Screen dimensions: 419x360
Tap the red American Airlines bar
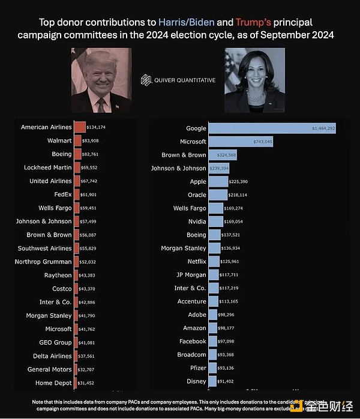pyautogui.click(x=80, y=127)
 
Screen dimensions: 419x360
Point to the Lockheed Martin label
pyautogui.click(x=47, y=167)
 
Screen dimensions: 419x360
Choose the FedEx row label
pyautogui.click(x=63, y=194)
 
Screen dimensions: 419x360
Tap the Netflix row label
pyautogui.click(x=196, y=262)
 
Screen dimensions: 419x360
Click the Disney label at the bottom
pyautogui.click(x=197, y=381)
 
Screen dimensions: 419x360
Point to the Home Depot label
pyautogui.click(x=53, y=383)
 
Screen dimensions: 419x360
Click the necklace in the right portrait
pyautogui.click(x=254, y=97)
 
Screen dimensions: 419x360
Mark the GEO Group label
pyautogui.click(x=55, y=342)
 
